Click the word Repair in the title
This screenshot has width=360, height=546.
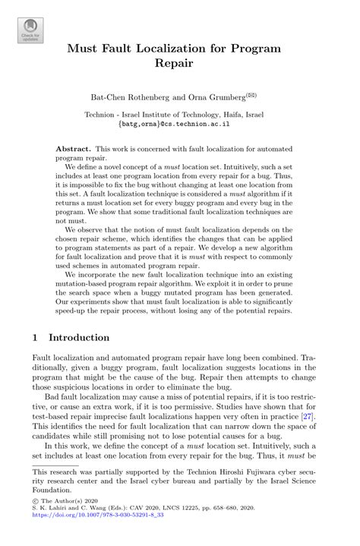[x=180, y=65]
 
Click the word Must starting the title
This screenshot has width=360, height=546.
[x=84, y=48]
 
